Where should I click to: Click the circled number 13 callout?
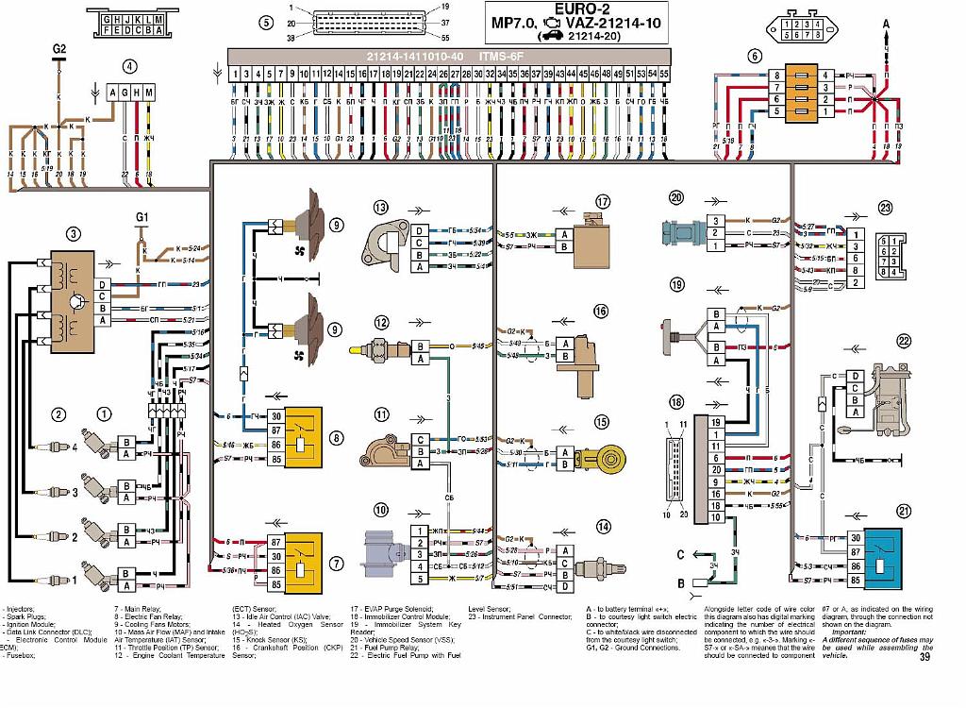380,207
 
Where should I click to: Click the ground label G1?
142,218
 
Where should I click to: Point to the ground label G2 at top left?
59,48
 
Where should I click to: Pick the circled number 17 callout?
603,201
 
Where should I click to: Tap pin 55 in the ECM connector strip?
664,73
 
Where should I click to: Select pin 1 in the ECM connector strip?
235,73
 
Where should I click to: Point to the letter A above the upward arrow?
886,21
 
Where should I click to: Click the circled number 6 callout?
755,56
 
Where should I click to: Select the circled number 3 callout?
74,234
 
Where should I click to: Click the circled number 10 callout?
380,510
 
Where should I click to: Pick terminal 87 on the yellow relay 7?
275,543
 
